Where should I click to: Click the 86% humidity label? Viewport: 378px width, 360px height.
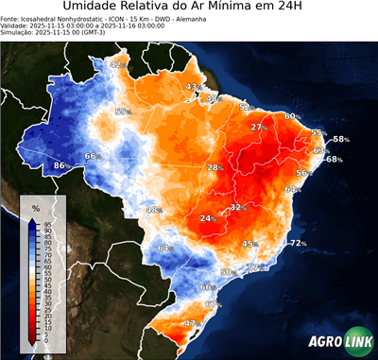(x=60, y=166)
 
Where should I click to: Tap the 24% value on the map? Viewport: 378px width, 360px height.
(x=207, y=218)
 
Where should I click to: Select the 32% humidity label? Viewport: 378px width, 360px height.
(x=238, y=207)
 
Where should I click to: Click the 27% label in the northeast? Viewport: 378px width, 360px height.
(x=258, y=127)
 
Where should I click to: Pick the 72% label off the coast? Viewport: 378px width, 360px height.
(x=298, y=243)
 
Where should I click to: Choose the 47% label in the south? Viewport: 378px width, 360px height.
(x=190, y=323)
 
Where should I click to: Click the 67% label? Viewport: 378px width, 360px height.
(x=212, y=304)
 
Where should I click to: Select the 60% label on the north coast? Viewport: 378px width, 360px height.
(x=292, y=116)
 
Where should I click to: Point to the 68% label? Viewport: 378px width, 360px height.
(x=334, y=159)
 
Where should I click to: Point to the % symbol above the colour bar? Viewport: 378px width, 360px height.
(x=35, y=207)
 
